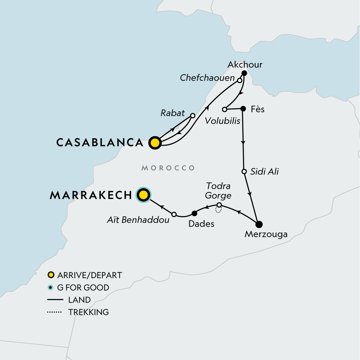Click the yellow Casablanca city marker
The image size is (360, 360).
155,143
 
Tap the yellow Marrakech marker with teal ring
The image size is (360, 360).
143,195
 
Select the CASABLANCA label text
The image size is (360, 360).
100,142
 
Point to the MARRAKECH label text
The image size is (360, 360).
91,195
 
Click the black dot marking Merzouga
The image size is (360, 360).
259,224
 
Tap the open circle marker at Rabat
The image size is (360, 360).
193,115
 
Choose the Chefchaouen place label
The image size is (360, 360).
207,78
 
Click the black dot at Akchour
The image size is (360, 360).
244,73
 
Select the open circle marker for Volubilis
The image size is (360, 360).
224,109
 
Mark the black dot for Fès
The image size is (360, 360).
243,109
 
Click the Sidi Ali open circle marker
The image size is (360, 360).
244,172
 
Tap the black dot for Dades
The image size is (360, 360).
194,213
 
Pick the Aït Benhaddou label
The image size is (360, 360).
138,220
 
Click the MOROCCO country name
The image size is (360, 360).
168,168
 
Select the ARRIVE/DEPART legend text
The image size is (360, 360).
89,275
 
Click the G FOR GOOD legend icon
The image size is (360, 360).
51,287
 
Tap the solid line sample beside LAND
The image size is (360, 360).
55,300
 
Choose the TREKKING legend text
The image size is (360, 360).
88,312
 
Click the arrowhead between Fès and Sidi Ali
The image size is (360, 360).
243,143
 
